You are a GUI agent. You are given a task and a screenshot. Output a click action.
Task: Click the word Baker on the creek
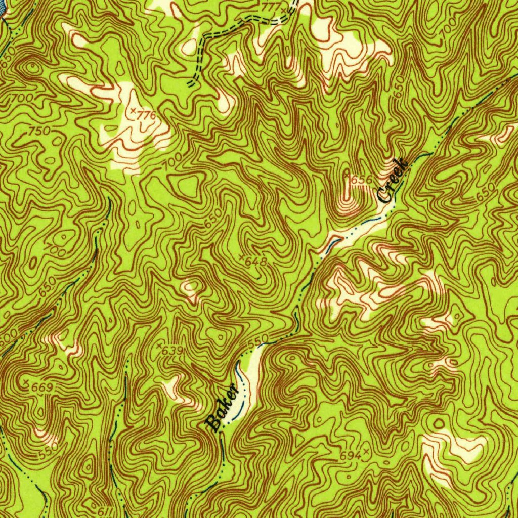pos(222,408)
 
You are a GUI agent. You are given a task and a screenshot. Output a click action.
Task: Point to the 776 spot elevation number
pos(147,115)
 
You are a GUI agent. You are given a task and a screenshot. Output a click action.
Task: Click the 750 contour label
pos(39,131)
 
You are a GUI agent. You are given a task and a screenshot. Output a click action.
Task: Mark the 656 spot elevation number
pos(362,179)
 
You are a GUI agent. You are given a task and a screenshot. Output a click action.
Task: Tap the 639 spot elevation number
pos(174,351)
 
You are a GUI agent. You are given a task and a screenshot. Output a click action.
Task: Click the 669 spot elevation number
pos(42,387)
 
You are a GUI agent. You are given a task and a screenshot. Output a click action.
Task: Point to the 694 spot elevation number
pos(350,456)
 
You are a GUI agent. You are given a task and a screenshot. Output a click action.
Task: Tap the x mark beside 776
pos(133,110)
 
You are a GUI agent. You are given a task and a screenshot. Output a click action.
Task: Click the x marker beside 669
pos(26,381)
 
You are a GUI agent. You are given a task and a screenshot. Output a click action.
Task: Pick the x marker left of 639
pos(159,346)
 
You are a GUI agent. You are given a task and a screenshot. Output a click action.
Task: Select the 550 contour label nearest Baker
pos(256,342)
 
